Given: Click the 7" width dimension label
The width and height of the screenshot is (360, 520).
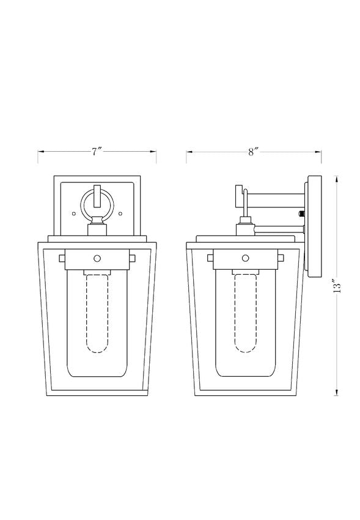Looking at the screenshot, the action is click(x=97, y=152).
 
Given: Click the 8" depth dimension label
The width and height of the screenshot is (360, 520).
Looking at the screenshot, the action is click(x=254, y=152).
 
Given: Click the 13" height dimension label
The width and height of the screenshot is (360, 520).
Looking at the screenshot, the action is click(x=337, y=286).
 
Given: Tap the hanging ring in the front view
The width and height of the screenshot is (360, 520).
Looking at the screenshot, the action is click(x=82, y=204).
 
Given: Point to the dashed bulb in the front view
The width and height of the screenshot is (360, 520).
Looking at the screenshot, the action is click(x=97, y=313).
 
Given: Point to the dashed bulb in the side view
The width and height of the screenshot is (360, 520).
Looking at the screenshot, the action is click(x=246, y=313).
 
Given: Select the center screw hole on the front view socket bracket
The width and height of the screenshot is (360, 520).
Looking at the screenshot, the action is click(x=97, y=258).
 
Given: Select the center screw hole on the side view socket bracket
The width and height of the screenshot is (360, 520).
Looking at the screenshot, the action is click(x=246, y=258).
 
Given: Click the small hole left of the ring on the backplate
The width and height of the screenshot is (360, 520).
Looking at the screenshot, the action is click(x=74, y=214).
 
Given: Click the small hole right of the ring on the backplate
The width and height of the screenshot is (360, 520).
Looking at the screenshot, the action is click(x=120, y=214).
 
